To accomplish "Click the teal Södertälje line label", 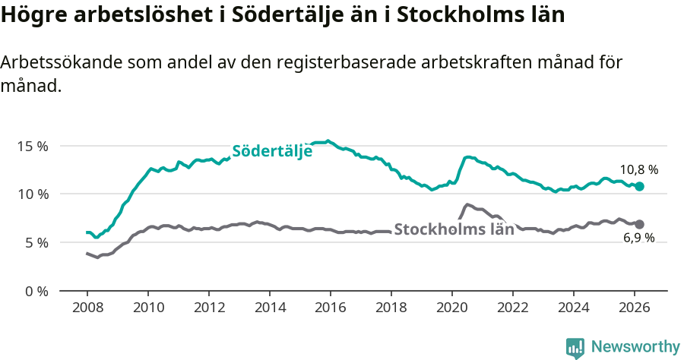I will click(x=272, y=151).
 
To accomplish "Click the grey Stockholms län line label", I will click(x=454, y=229).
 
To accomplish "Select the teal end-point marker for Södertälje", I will click(x=640, y=186).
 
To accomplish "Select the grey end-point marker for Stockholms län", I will click(x=640, y=224).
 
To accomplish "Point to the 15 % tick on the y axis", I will click(x=33, y=146).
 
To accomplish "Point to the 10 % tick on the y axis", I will click(x=33, y=194).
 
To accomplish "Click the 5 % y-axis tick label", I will click(x=36, y=243).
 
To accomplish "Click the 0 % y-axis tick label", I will click(x=36, y=292).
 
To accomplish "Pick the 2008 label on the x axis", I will click(x=87, y=308).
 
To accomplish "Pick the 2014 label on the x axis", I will click(x=269, y=308).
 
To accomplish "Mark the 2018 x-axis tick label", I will click(x=391, y=308).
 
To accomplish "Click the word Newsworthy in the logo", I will click(x=635, y=347).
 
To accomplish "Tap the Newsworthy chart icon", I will click(x=575, y=348).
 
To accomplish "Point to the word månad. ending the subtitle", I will click(x=30, y=87).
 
